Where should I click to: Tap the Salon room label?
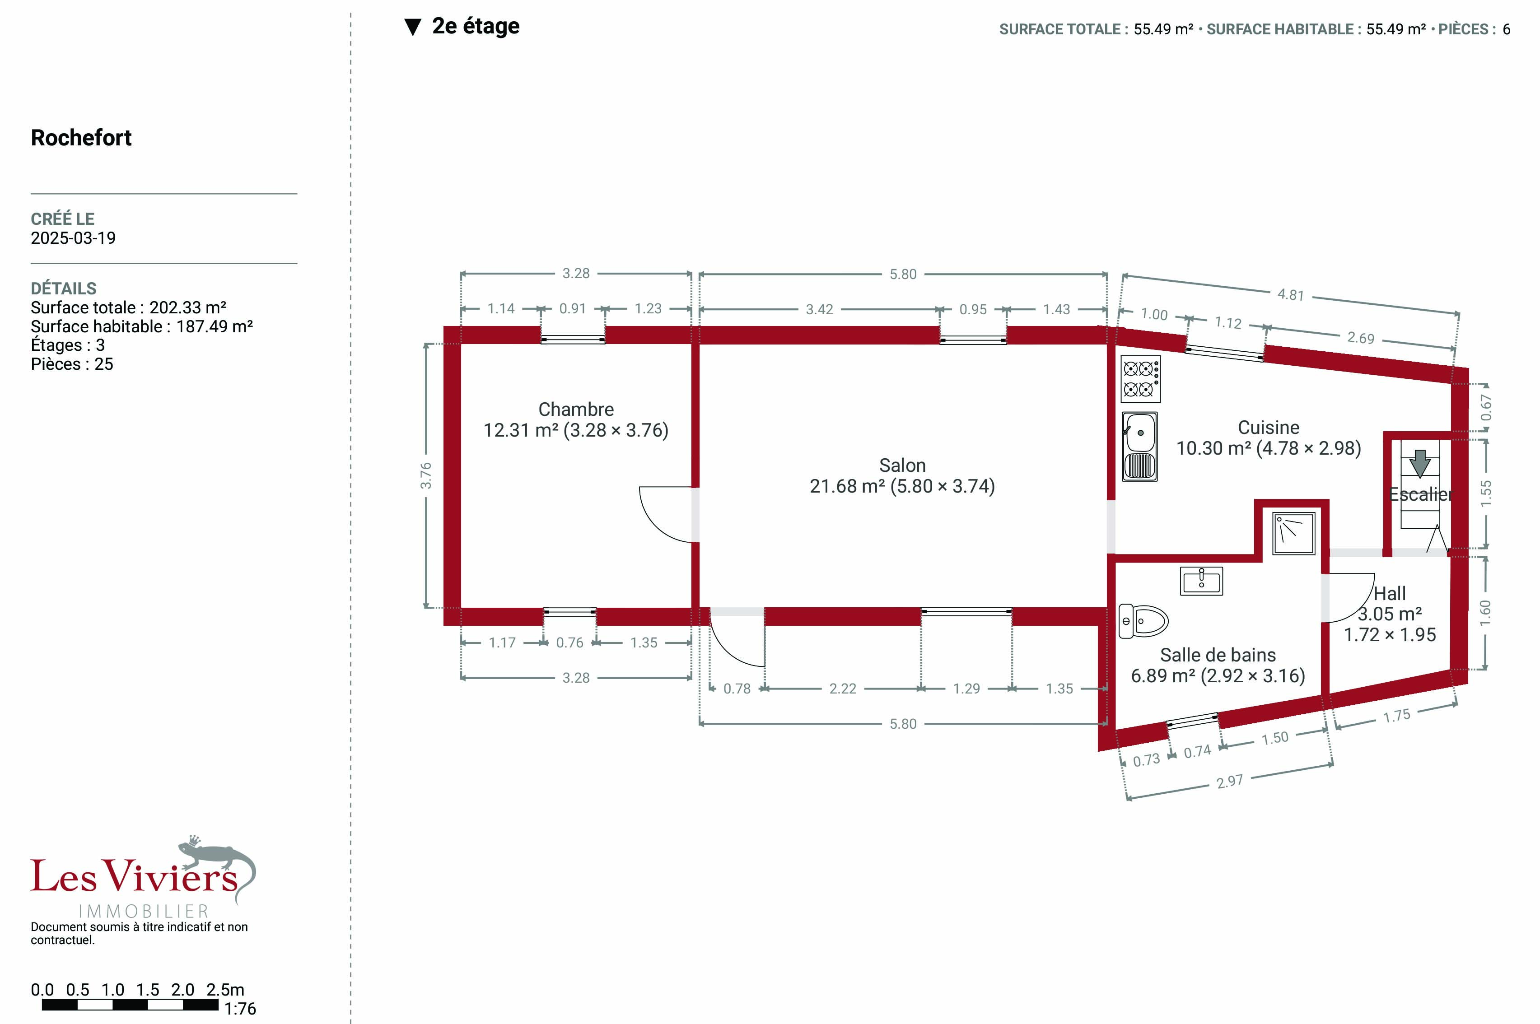[902, 465]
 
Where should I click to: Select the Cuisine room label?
[1268, 427]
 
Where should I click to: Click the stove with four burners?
[1140, 379]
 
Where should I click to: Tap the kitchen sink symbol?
[1140, 446]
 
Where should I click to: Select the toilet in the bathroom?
[1143, 620]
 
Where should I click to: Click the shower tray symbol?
[1293, 533]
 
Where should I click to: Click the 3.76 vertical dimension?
[426, 475]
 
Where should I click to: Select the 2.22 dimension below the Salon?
[843, 689]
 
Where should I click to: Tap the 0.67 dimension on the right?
[1486, 408]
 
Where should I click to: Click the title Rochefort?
[81, 138]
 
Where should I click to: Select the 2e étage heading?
[476, 26]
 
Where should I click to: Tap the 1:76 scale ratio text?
[240, 1009]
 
